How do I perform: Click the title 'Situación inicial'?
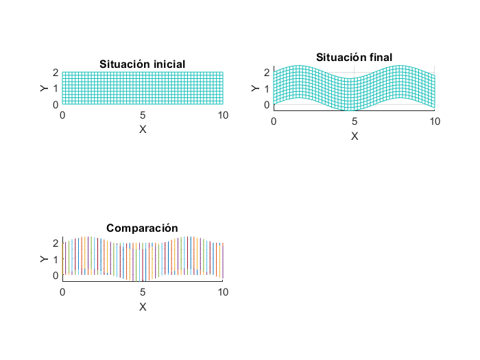point(143,64)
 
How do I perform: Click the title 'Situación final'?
point(354,58)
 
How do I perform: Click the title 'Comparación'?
point(143,228)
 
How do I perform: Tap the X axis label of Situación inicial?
point(143,129)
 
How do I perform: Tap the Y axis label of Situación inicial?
point(43,88)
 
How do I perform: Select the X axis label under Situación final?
point(355,136)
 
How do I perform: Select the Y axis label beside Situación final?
point(255,88)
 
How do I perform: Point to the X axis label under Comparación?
point(143,307)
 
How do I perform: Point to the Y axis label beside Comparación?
point(43,259)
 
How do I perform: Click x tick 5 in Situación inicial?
point(143,116)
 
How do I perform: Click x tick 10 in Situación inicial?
point(223,116)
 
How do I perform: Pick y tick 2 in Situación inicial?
point(55,72)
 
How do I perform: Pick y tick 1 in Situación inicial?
point(55,88)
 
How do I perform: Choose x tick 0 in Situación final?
point(274,122)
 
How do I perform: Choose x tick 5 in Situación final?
point(355,122)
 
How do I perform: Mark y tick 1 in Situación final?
point(267,88)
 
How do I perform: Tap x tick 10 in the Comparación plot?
point(223,293)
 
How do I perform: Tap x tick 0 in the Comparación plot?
point(62,293)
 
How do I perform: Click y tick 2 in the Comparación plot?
point(55,243)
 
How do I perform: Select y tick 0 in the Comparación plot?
point(55,276)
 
